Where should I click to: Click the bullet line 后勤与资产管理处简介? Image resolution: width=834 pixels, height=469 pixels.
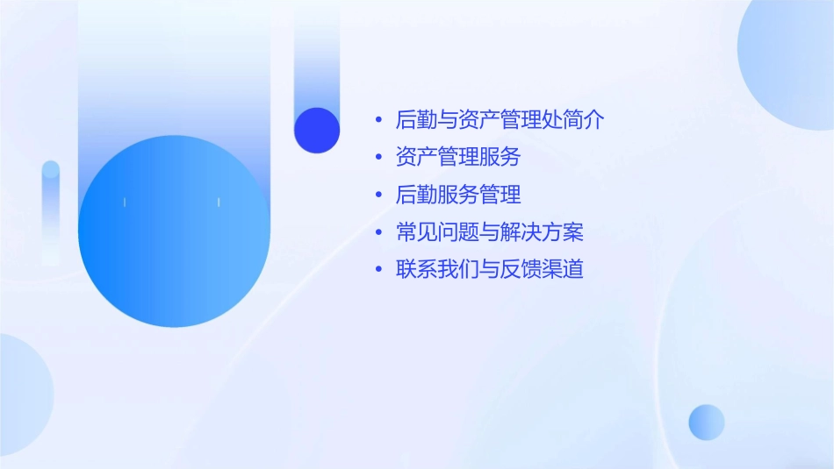(500, 120)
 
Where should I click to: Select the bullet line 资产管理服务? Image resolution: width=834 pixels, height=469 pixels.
(458, 157)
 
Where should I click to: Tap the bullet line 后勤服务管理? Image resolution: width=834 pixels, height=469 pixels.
(458, 195)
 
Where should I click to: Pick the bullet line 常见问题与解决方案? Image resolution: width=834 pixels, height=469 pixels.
(490, 232)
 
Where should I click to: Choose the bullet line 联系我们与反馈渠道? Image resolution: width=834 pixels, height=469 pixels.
(490, 269)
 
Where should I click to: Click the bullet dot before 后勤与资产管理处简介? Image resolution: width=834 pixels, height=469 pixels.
(378, 120)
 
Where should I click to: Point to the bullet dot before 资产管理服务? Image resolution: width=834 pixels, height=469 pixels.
(378, 158)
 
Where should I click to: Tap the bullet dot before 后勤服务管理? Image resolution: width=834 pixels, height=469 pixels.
(378, 195)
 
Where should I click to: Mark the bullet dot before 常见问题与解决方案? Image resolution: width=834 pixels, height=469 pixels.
(378, 232)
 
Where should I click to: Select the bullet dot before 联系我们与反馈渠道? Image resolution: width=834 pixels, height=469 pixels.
(378, 270)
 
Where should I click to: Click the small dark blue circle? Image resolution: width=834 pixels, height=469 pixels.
(317, 131)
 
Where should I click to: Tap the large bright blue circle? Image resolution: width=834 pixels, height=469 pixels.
(174, 231)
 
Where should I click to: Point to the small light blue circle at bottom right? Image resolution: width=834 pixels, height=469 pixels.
(707, 422)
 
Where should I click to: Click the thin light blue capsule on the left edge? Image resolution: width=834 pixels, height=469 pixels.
(51, 210)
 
